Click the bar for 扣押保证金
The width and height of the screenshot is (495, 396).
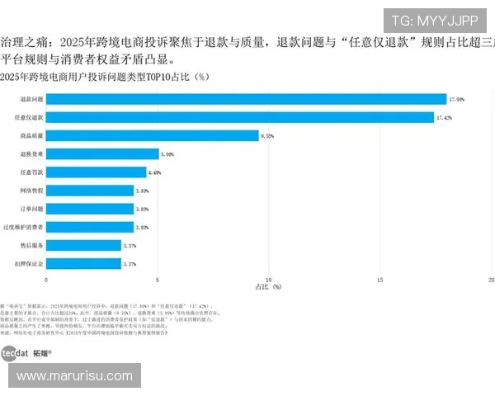click(x=83, y=263)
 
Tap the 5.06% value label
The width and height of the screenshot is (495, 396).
click(x=167, y=153)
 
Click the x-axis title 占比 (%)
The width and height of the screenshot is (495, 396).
click(x=268, y=287)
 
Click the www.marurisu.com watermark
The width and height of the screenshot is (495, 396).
click(x=74, y=376)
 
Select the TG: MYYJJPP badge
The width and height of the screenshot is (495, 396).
click(x=434, y=21)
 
